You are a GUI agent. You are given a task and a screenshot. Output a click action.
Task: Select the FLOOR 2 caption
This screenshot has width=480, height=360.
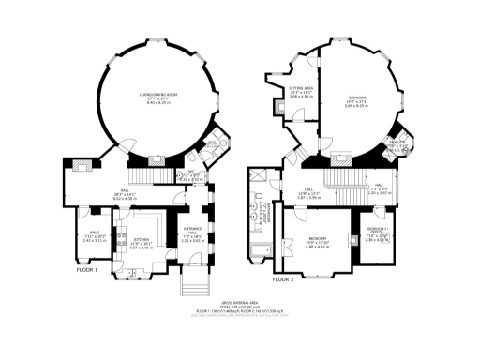(x=283, y=279)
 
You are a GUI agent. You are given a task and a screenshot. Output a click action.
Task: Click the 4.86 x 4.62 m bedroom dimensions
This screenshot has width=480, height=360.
(x=316, y=247)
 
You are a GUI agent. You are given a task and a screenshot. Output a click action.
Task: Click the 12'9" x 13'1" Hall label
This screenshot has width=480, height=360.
(x=309, y=194)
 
